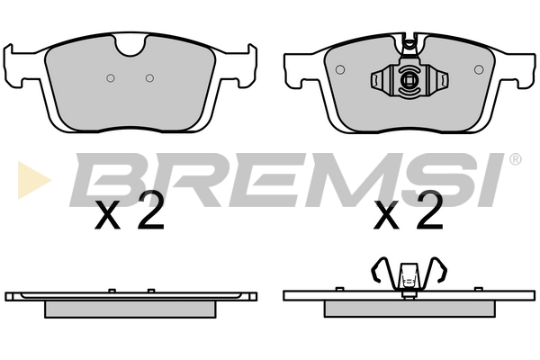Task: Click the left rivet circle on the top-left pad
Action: coord(110,78)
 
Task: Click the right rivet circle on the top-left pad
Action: coord(149,78)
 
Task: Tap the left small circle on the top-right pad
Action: coord(340,69)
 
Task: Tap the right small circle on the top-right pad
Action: coord(479,69)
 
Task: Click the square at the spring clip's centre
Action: coord(409,80)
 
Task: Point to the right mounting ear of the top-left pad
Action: coord(243,66)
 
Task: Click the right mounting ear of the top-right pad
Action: coord(519,70)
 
